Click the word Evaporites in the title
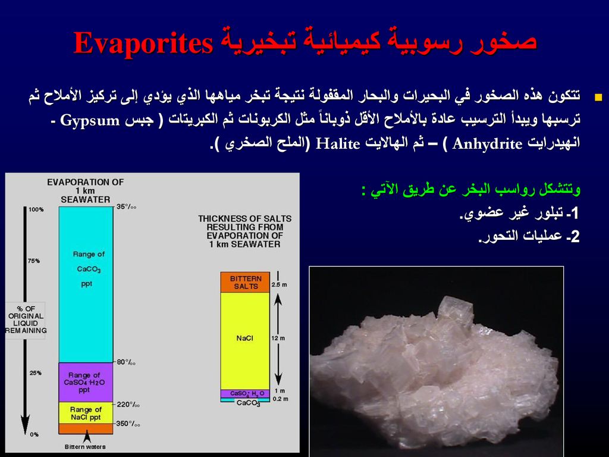pyautogui.click(x=143, y=42)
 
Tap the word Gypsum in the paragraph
pyautogui.click(x=90, y=120)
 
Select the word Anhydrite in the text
pyautogui.click(x=487, y=144)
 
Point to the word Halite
pyautogui.click(x=338, y=144)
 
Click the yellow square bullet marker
pyautogui.click(x=598, y=97)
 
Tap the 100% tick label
pyautogui.click(x=36, y=209)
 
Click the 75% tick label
pyautogui.click(x=34, y=261)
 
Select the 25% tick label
pyautogui.click(x=35, y=373)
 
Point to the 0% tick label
pyautogui.click(x=34, y=434)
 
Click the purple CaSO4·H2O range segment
pyautogui.click(x=86, y=383)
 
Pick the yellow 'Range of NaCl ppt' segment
pyautogui.click(x=86, y=413)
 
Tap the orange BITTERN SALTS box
pyautogui.click(x=245, y=283)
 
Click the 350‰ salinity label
pyautogui.click(x=128, y=424)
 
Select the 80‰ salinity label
pyautogui.click(x=126, y=362)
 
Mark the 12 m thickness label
pyautogui.click(x=278, y=338)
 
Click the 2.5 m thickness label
pyautogui.click(x=280, y=284)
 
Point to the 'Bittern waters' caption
pyautogui.click(x=85, y=447)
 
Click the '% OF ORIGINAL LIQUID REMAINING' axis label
pyautogui.click(x=26, y=320)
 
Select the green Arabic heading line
pyautogui.click(x=471, y=190)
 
